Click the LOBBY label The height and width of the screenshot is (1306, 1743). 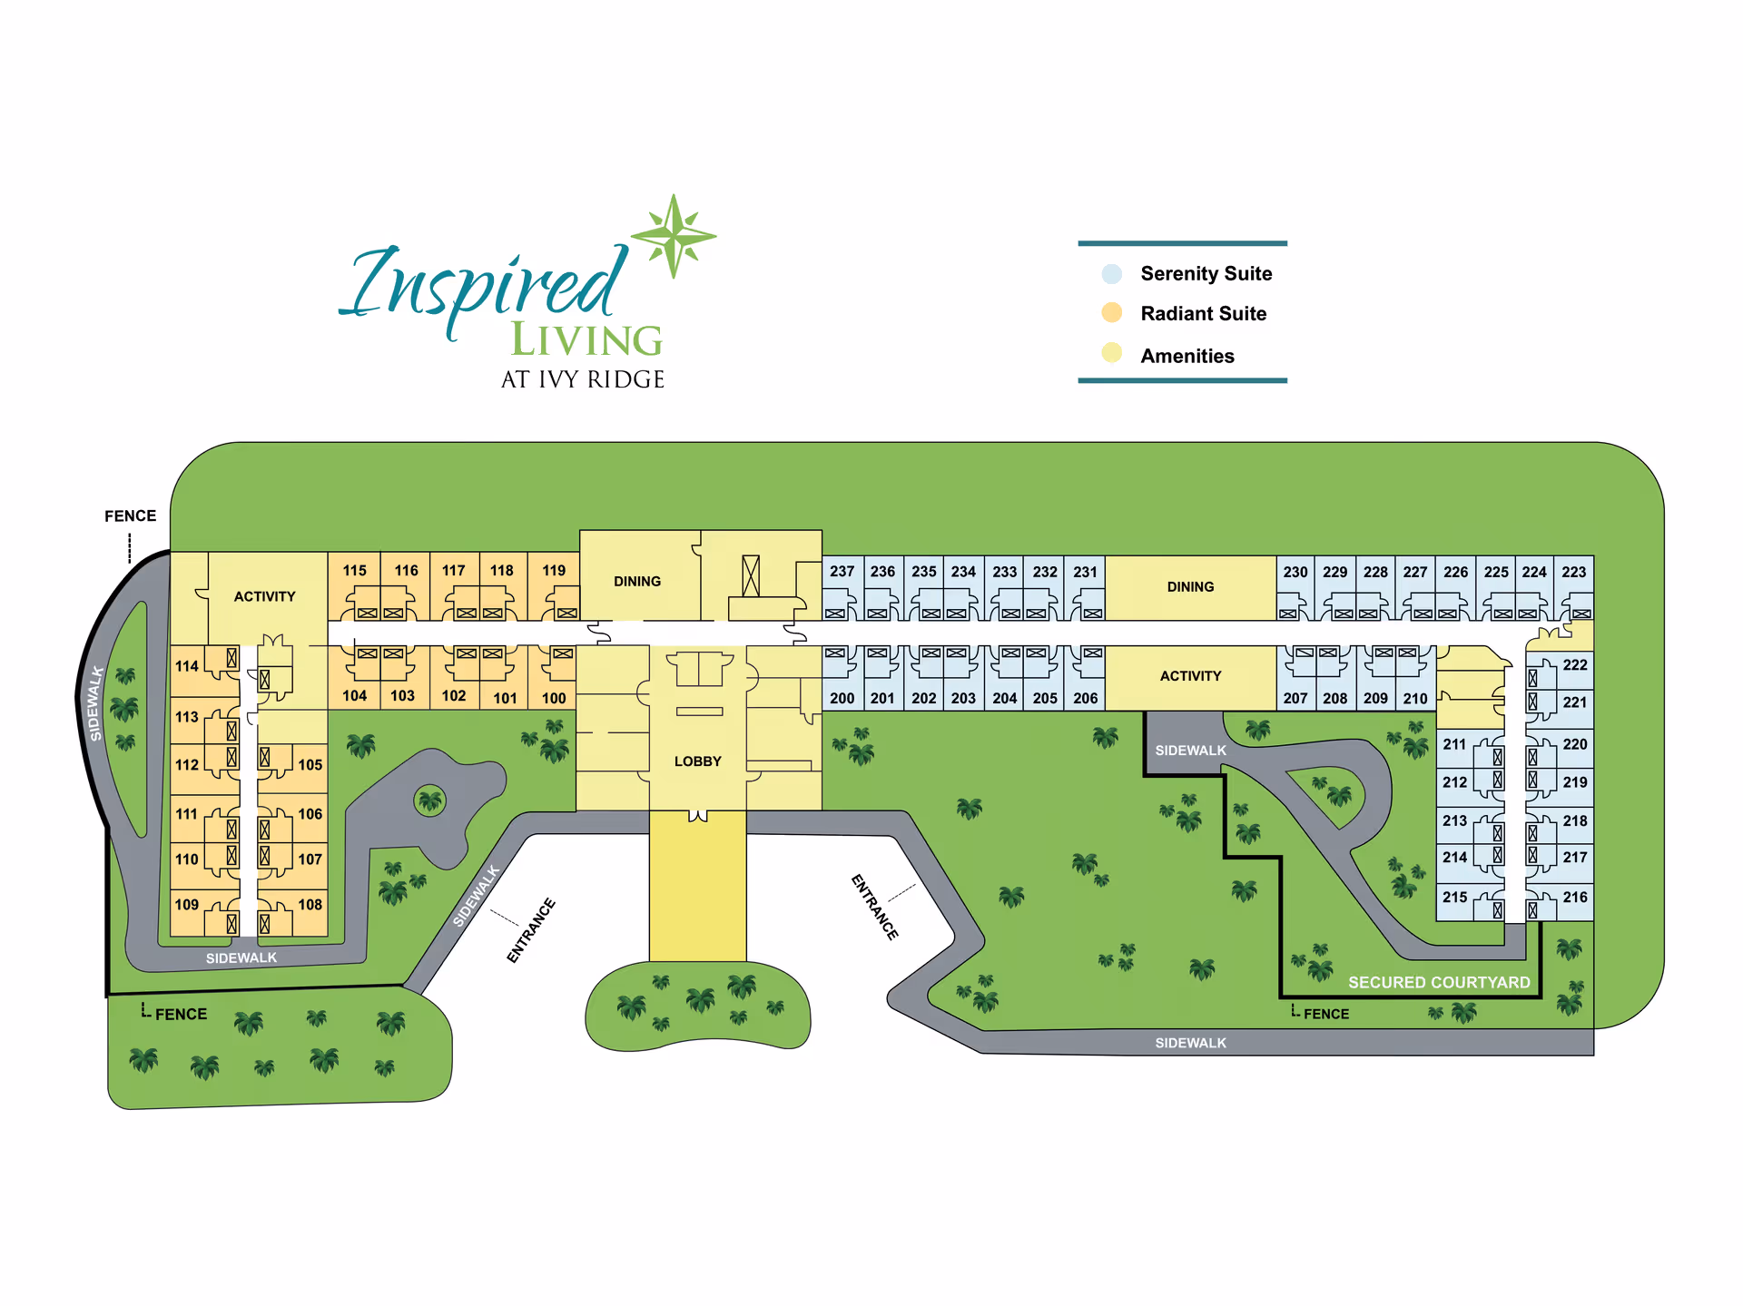coord(697,761)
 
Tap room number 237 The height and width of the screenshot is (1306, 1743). coord(842,572)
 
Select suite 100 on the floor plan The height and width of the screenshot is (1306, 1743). coord(554,698)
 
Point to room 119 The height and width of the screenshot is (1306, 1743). coord(554,570)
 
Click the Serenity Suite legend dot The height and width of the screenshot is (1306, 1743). coord(1112,273)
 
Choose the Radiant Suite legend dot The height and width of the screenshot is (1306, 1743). coord(1112,313)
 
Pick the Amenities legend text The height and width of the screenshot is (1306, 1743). coord(1187,356)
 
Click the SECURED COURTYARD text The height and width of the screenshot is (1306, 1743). coord(1439,982)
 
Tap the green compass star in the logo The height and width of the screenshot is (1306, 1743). coord(674,236)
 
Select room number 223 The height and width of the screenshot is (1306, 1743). coord(1573,572)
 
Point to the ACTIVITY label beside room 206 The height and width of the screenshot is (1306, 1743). coord(1190,676)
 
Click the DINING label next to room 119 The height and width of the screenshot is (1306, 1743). coord(637,582)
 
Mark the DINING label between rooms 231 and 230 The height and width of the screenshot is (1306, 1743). coord(1190,587)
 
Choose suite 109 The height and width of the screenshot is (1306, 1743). coord(187,904)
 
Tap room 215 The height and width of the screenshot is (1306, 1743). coord(1454,897)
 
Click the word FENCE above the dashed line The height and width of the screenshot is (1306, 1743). coord(130,516)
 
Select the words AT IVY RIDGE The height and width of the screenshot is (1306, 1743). coord(583,379)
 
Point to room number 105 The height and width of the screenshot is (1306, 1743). coord(310,764)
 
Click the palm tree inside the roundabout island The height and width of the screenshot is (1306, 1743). coord(430,800)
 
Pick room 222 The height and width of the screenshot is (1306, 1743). coord(1575,664)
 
